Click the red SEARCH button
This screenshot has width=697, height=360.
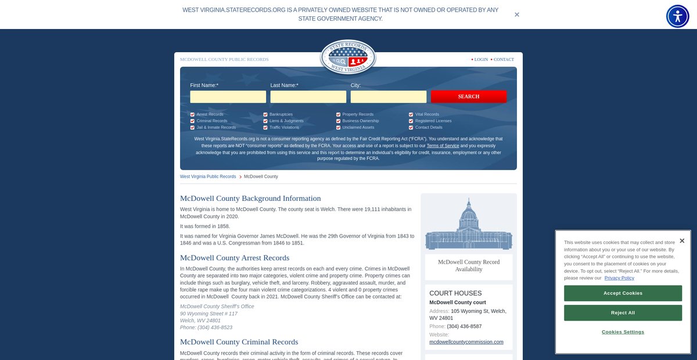[468, 96]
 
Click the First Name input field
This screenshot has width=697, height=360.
[228, 96]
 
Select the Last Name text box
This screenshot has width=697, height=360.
[308, 96]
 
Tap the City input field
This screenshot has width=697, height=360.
[388, 96]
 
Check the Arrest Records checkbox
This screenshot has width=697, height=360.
[192, 114]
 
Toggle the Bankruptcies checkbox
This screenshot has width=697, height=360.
[265, 114]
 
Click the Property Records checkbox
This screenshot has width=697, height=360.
[338, 114]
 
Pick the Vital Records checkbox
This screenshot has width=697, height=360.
[411, 114]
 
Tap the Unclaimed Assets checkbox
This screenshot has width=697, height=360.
[338, 127]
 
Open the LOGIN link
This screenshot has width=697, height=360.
[481, 59]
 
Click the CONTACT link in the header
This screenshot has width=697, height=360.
[504, 59]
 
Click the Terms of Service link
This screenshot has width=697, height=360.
[443, 146]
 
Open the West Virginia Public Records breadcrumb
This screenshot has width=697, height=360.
[208, 177]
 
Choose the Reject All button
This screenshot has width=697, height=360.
[623, 313]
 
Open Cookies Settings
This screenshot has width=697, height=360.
[623, 332]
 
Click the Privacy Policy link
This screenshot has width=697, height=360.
[619, 278]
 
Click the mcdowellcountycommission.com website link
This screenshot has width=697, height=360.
[466, 342]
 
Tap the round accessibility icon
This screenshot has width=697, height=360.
[677, 16]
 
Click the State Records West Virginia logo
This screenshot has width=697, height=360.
[348, 57]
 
